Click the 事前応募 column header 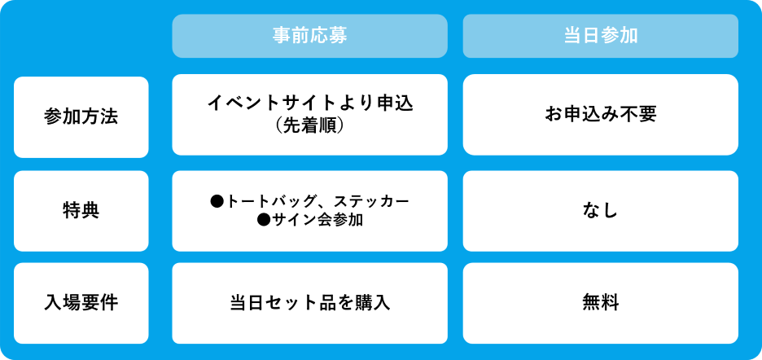pos(309,36)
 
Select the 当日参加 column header pos(601,36)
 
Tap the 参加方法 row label pos(81,116)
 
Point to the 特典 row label pos(81,211)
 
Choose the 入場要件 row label pos(81,303)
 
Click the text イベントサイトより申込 pos(309,103)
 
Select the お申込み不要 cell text pos(601,114)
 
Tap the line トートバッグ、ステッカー pos(317,201)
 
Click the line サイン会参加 pos(317,220)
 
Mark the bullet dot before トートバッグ pos(217,201)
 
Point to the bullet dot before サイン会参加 pos(264,220)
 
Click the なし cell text pos(601,211)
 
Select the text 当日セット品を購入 pos(309,303)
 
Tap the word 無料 pos(601,303)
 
